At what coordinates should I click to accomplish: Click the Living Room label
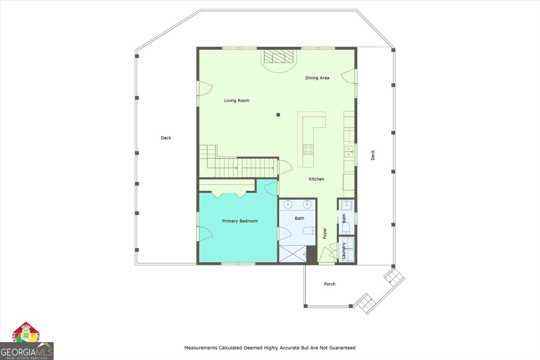[237, 100]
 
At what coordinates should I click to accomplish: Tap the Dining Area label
[317, 78]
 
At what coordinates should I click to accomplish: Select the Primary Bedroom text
[240, 221]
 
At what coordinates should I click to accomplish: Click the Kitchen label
[316, 179]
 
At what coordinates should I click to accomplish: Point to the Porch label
[329, 284]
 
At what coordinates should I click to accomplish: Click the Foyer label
[325, 233]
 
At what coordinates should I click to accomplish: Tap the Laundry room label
[344, 251]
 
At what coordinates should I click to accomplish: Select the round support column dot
[278, 115]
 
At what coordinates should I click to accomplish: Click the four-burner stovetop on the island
[308, 149]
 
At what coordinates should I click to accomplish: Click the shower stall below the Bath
[292, 254]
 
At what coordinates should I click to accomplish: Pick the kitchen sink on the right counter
[349, 152]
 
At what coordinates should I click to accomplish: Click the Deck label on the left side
[166, 138]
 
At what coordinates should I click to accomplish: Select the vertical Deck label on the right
[373, 155]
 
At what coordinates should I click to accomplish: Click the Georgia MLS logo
[27, 351]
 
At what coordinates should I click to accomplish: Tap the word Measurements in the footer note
[200, 348]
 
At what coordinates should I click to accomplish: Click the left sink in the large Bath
[289, 204]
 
